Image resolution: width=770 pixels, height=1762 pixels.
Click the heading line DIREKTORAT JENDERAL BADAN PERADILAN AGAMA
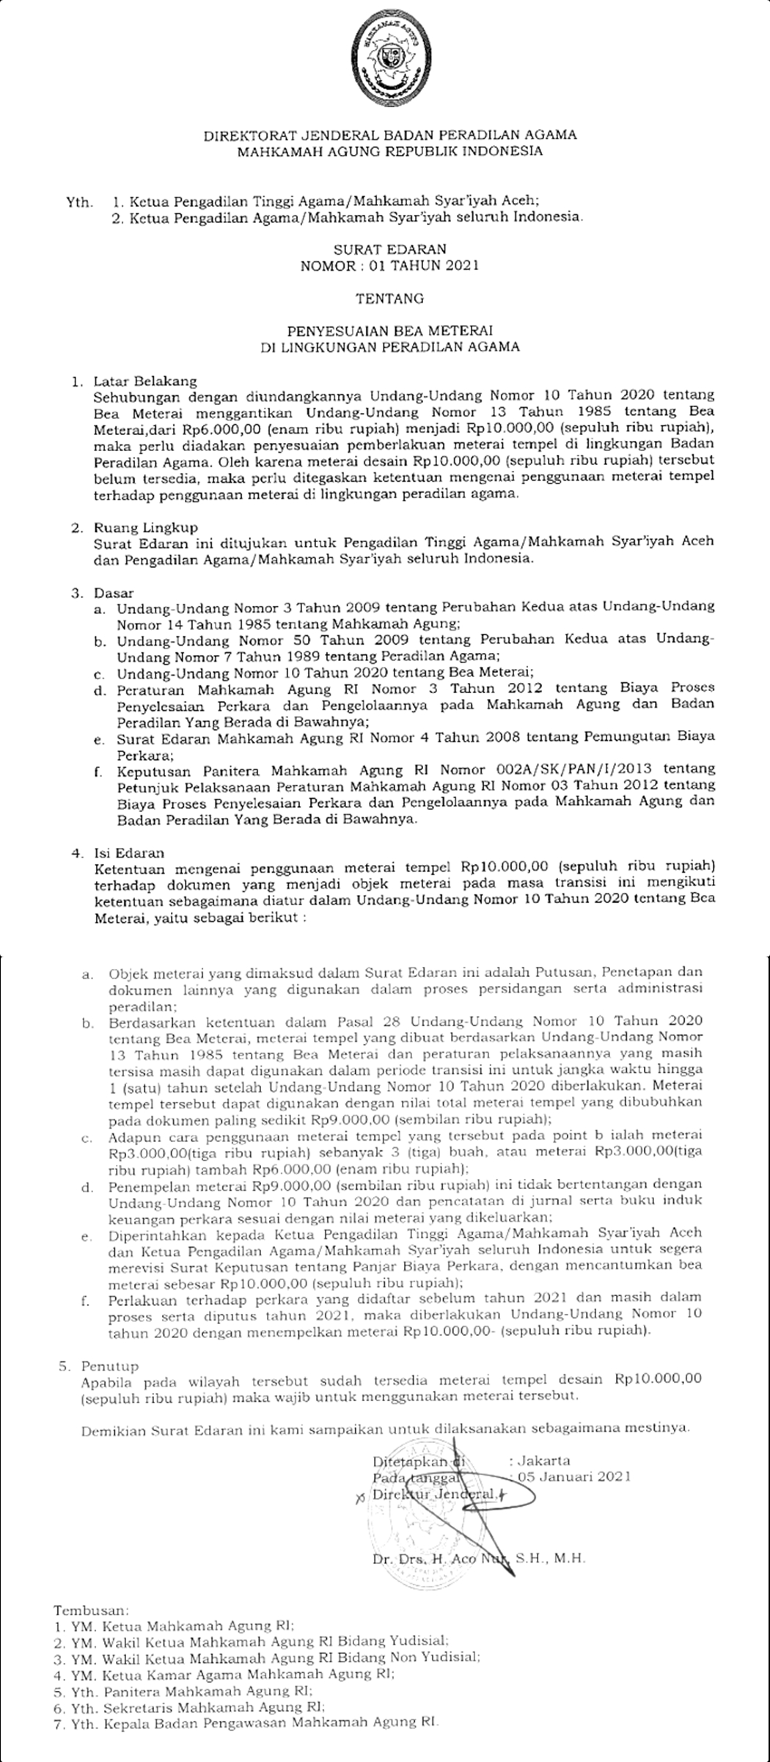coord(389,135)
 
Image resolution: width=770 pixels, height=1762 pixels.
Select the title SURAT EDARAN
coord(389,249)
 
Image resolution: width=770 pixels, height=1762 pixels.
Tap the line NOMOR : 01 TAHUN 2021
coord(389,265)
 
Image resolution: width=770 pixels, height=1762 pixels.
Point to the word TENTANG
coord(389,299)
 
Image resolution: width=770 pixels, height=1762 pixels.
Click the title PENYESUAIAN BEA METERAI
coord(389,331)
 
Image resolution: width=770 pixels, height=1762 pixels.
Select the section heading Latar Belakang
coord(145,381)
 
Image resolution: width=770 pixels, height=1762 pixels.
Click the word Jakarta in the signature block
coord(543,1440)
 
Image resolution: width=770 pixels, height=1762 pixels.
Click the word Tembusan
coord(90,1605)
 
